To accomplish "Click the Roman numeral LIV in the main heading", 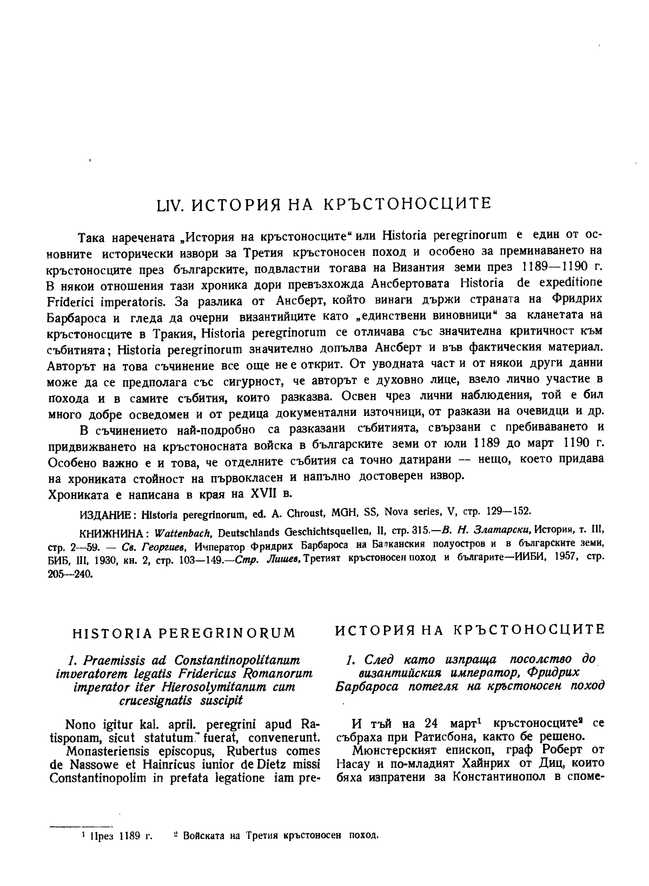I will pyautogui.click(x=165, y=205).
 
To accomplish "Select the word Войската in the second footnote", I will pyautogui.click(x=202, y=850).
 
